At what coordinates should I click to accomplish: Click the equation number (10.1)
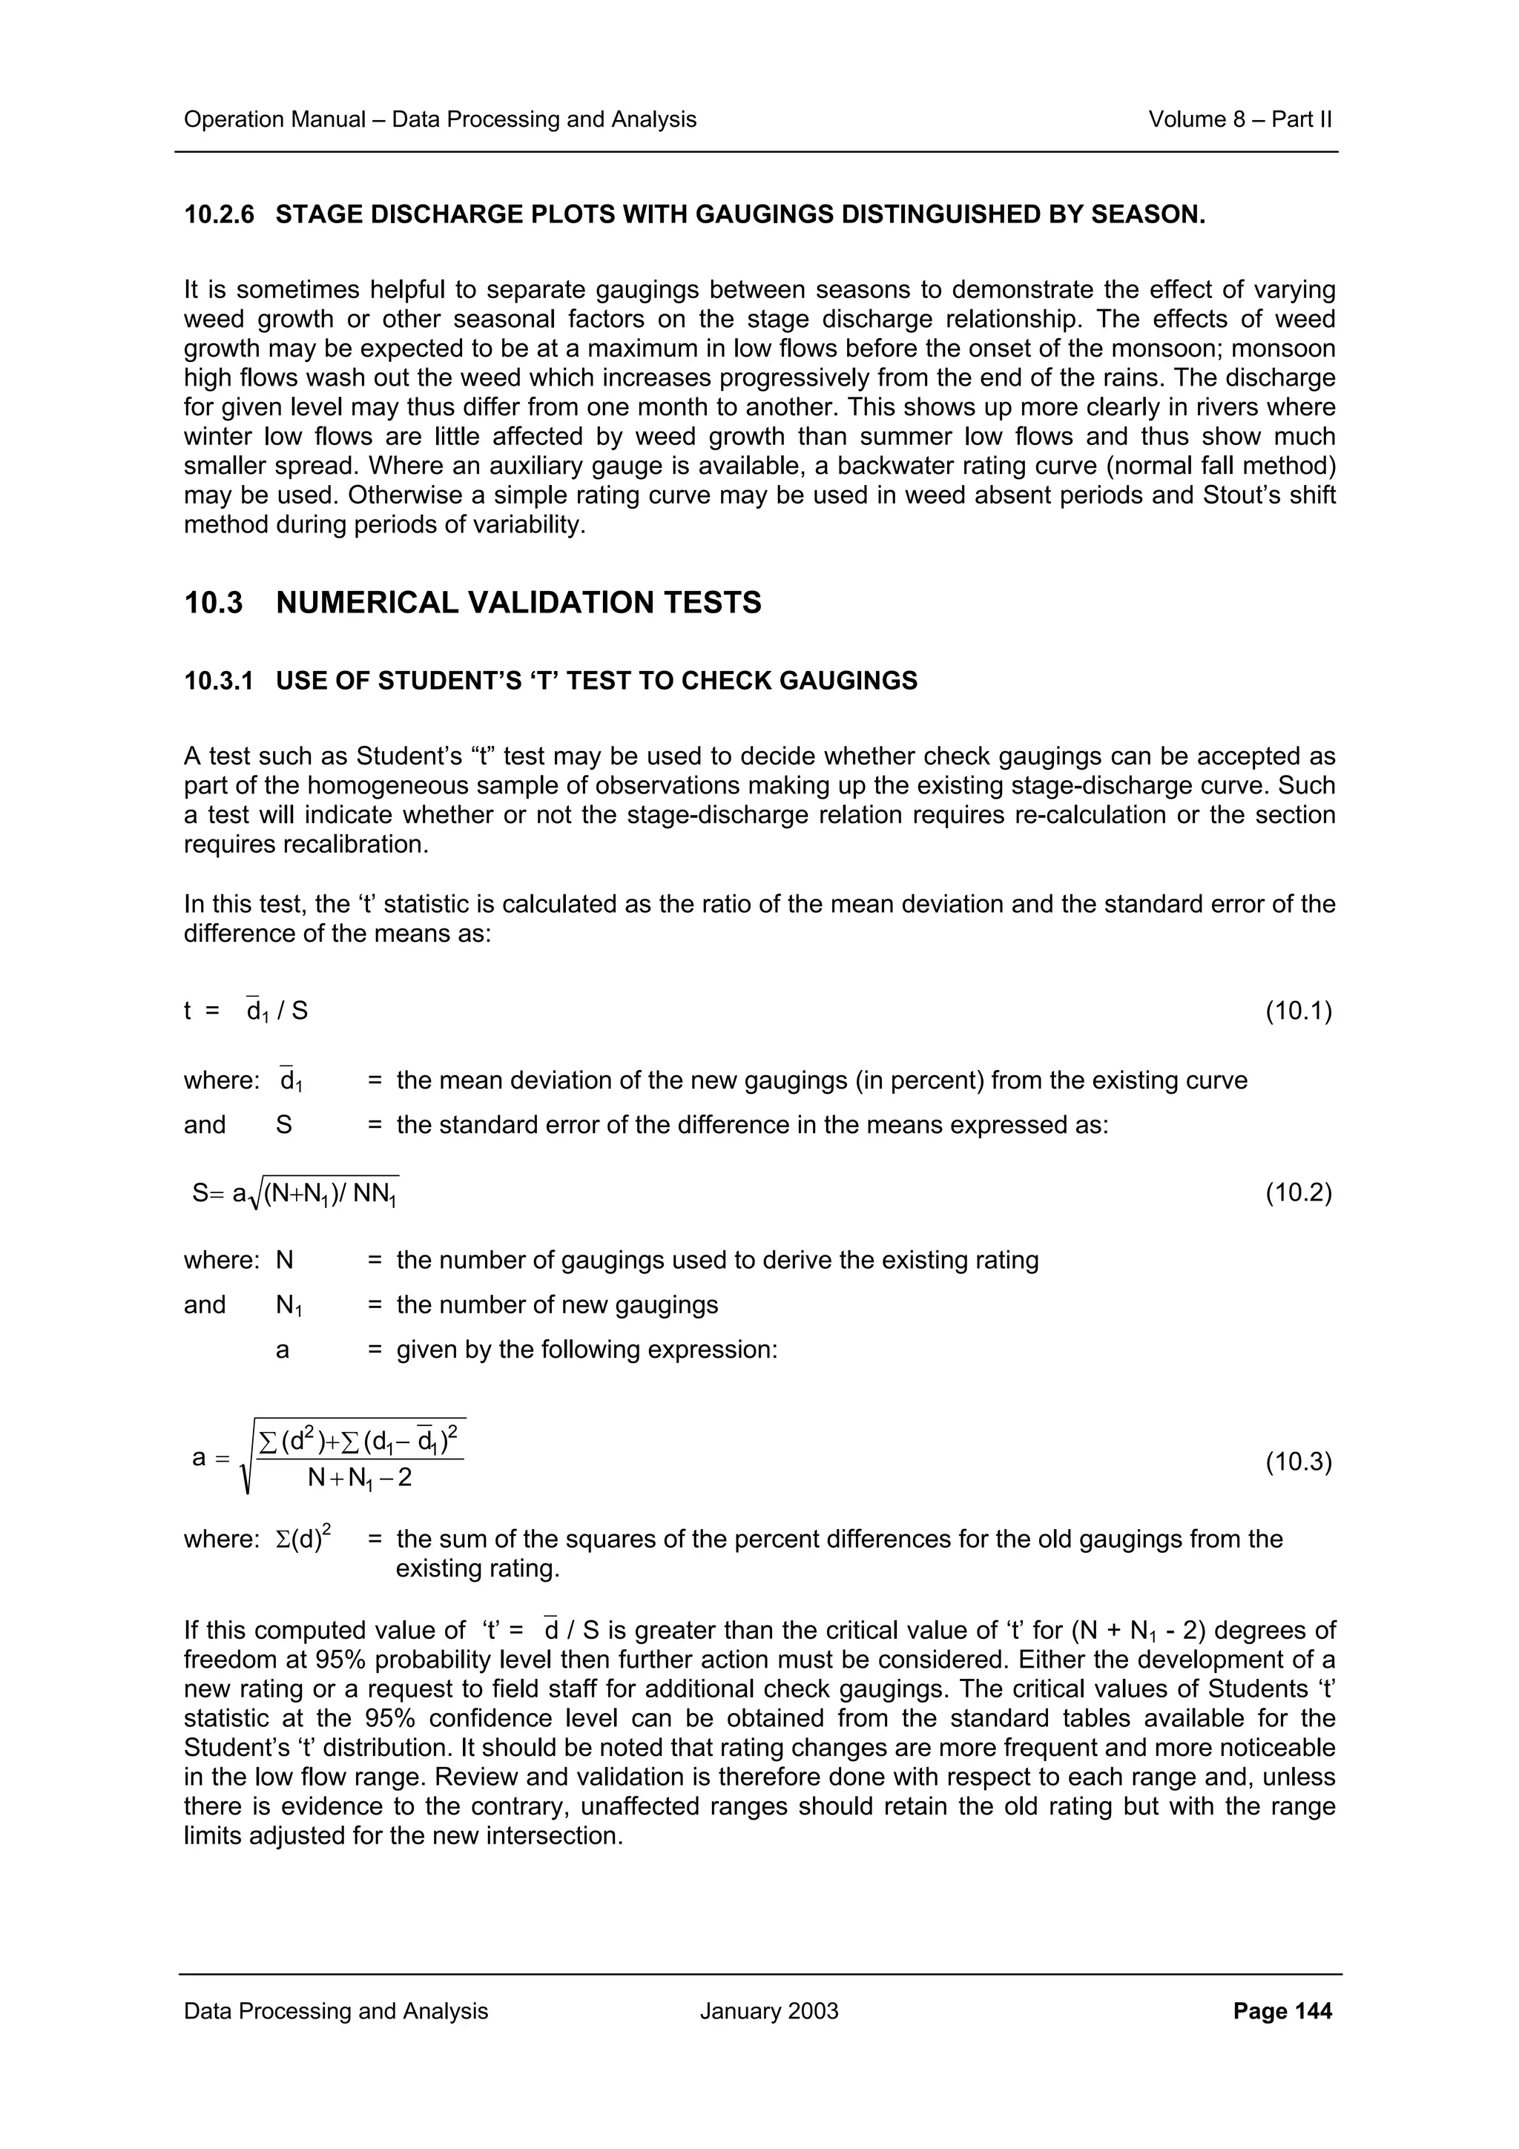(1297, 1011)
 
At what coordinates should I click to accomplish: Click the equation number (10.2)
(1297, 1192)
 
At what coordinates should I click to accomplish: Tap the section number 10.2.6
(219, 215)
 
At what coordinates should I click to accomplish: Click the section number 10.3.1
(219, 681)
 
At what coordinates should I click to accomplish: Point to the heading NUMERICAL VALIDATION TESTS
(518, 603)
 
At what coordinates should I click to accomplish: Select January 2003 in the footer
(768, 2010)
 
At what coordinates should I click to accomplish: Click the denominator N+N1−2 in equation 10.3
(360, 1478)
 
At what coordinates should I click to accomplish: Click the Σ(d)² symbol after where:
(304, 1539)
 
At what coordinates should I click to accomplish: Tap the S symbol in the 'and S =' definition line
(283, 1124)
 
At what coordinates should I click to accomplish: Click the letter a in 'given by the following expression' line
(283, 1350)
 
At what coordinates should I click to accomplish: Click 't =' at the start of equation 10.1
(201, 1011)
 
